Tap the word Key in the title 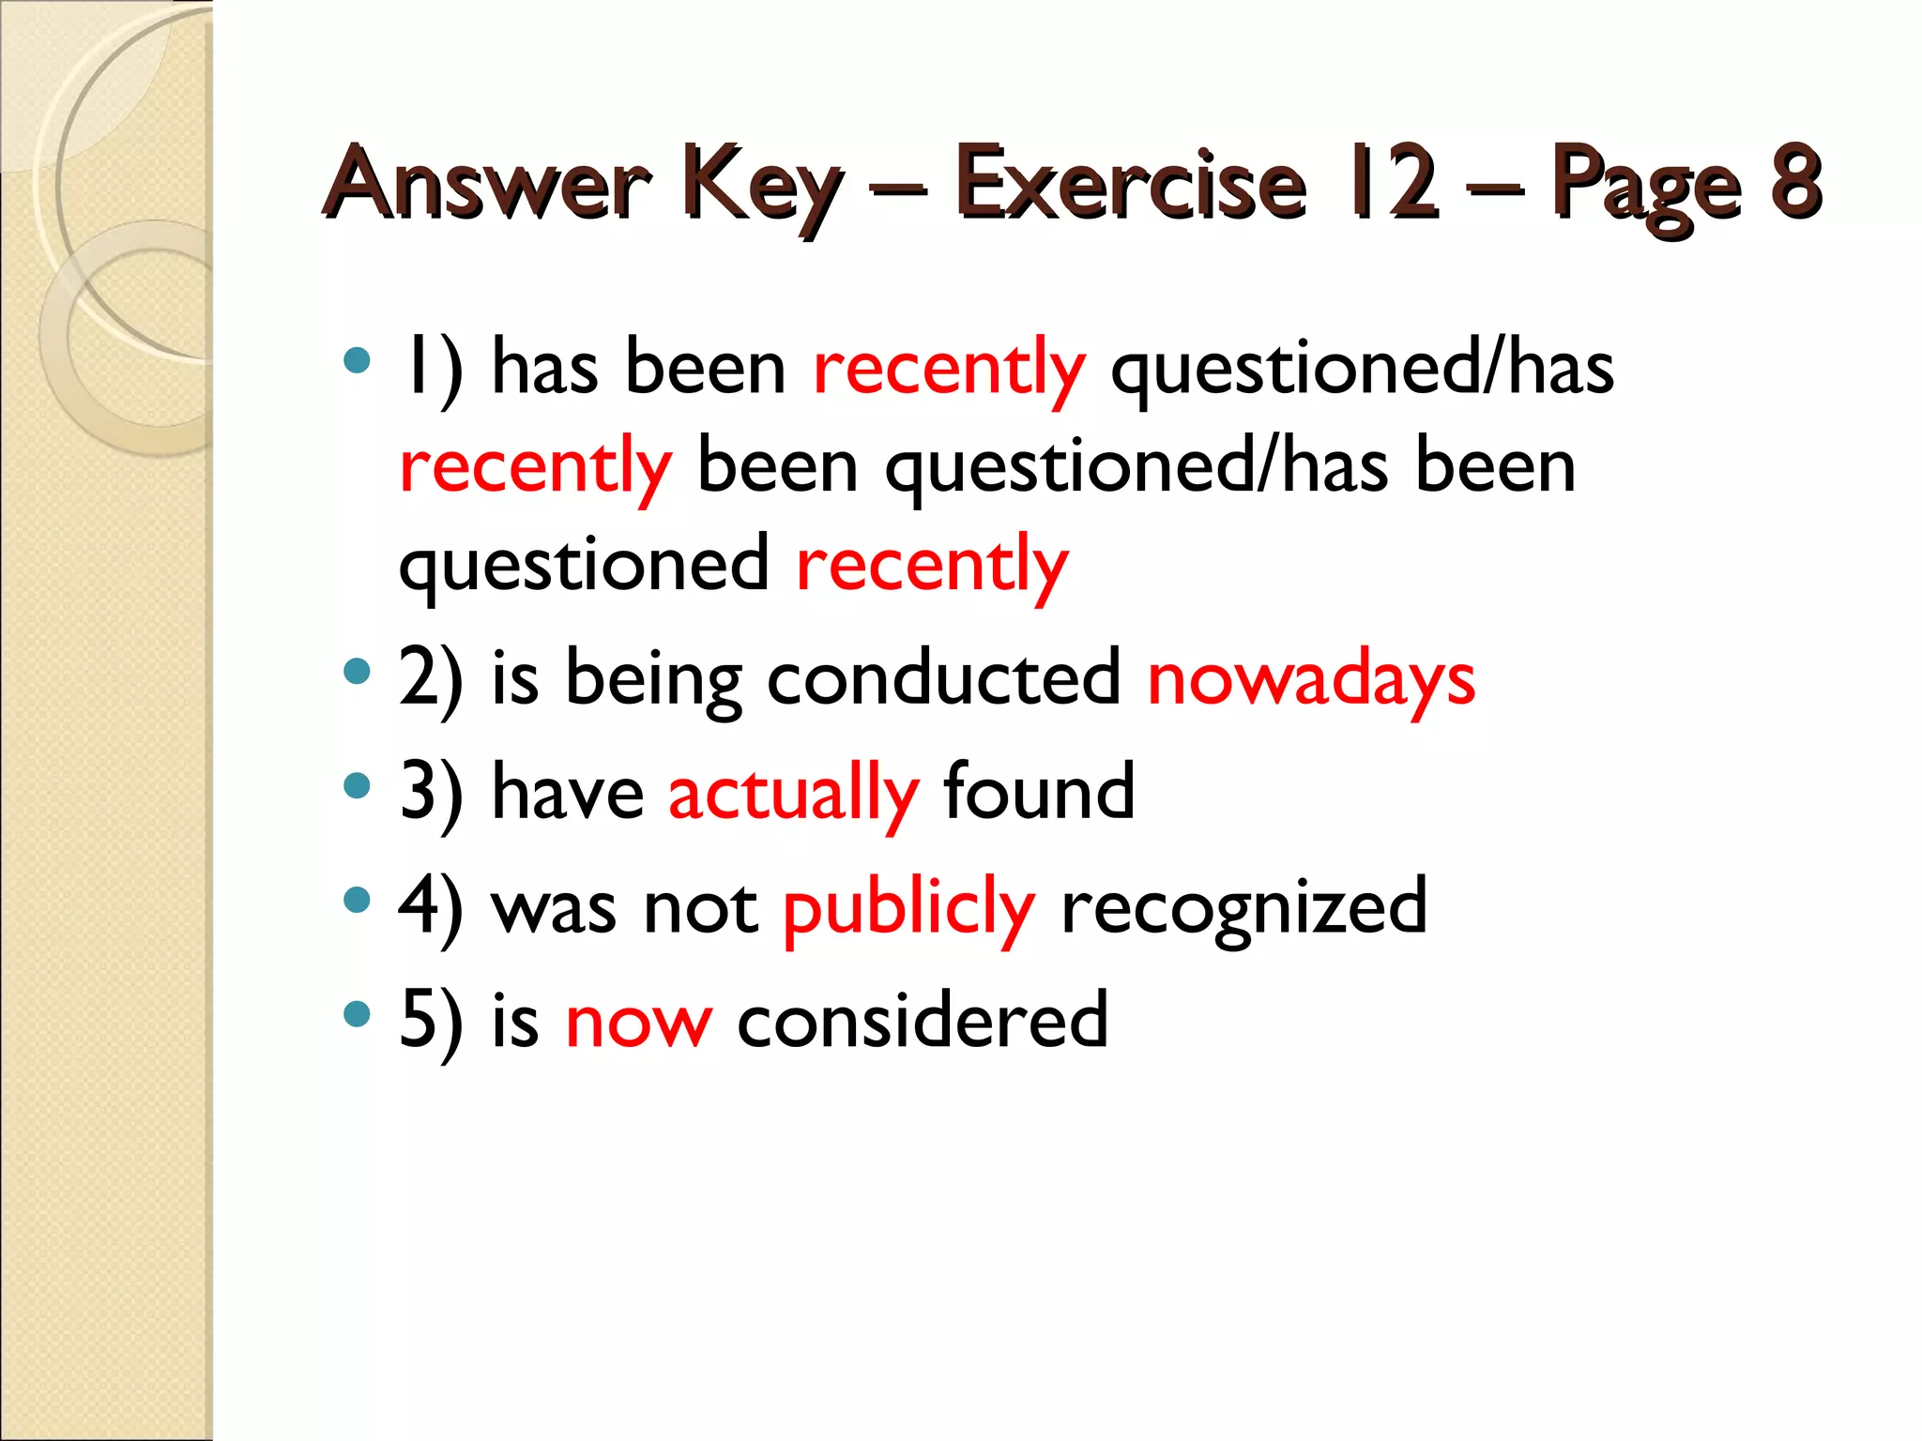click(x=760, y=186)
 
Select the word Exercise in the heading click(x=1130, y=182)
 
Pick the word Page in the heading click(x=1646, y=188)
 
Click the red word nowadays click(x=1311, y=679)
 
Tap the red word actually click(x=793, y=794)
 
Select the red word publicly click(x=908, y=908)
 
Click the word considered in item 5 click(x=923, y=1021)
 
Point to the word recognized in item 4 click(x=1243, y=908)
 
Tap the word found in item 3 click(x=1039, y=792)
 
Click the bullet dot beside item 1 click(x=357, y=361)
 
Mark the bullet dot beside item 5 click(x=357, y=1014)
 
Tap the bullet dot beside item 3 click(x=357, y=785)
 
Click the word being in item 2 click(x=653, y=681)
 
